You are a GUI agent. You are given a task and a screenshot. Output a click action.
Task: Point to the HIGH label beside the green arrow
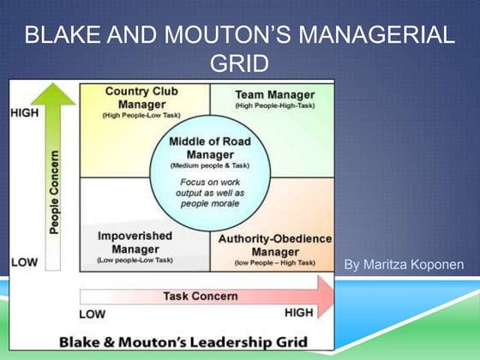(x=24, y=111)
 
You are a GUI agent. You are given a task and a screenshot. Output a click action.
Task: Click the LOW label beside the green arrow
(x=23, y=261)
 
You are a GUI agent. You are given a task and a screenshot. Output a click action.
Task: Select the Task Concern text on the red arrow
(x=200, y=297)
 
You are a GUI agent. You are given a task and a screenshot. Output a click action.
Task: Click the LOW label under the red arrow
(x=92, y=314)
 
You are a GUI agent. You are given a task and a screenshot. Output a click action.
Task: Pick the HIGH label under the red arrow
(x=298, y=313)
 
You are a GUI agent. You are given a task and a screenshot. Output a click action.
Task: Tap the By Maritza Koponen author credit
(x=404, y=265)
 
